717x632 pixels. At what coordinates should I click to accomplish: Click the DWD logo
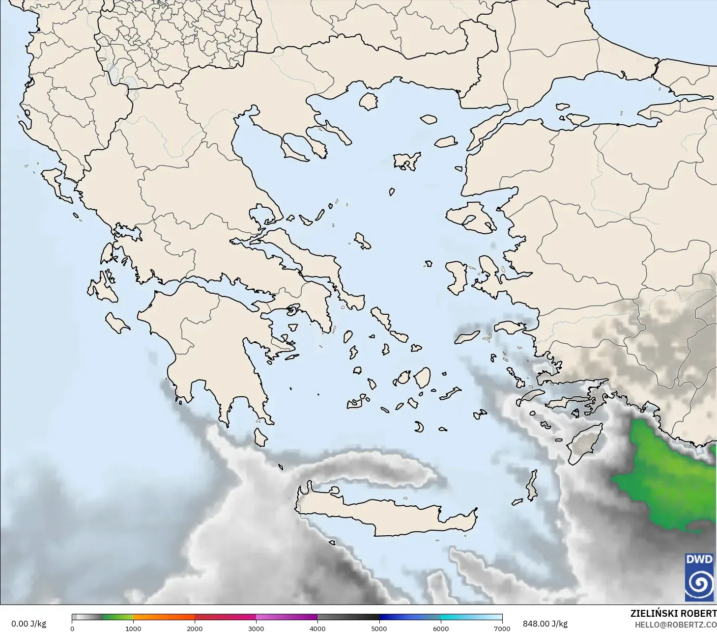pos(700,577)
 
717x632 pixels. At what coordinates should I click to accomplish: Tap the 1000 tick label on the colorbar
pos(133,628)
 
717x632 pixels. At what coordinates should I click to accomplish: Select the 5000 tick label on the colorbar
pos(379,628)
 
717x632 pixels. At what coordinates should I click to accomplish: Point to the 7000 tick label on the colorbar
pos(502,628)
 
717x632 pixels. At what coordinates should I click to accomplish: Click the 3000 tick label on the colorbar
pos(256,628)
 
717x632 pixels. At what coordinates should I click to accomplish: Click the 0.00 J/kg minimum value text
pos(29,624)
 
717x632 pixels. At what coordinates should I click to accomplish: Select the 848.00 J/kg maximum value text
pos(545,624)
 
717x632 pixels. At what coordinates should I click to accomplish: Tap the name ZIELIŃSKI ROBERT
pos(673,614)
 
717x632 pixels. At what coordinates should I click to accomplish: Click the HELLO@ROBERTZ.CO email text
pos(675,625)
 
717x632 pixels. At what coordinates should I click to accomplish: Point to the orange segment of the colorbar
pos(164,617)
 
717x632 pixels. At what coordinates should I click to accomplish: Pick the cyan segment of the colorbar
pos(471,617)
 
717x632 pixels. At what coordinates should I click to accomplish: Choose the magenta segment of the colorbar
pos(287,617)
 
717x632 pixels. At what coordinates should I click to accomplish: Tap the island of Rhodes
pos(585,443)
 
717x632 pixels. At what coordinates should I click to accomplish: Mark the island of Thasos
pos(368,101)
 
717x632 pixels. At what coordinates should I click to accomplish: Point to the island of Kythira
pos(260,437)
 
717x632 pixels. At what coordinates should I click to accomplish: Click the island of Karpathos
pos(532,485)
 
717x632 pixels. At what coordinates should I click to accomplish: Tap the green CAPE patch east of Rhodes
pos(668,481)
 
